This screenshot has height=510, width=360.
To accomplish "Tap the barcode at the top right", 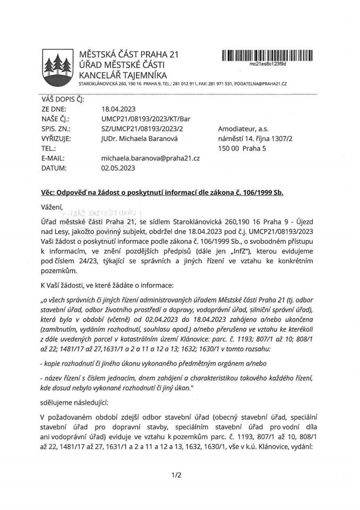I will [x=268, y=55].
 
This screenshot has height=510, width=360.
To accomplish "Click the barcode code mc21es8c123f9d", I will [x=268, y=63].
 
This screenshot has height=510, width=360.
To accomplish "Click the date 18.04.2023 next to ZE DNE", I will [x=118, y=108].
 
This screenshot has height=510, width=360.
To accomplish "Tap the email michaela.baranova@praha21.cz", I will [x=150, y=158].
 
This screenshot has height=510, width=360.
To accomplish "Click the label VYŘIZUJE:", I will [x=56, y=138].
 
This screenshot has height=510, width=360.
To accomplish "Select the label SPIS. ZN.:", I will [x=56, y=128].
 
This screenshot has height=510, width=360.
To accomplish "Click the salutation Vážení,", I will [x=52, y=206].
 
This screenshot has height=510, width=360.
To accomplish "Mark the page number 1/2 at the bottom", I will [x=177, y=474].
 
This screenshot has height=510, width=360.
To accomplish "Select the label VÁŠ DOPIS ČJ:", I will [x=63, y=98].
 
